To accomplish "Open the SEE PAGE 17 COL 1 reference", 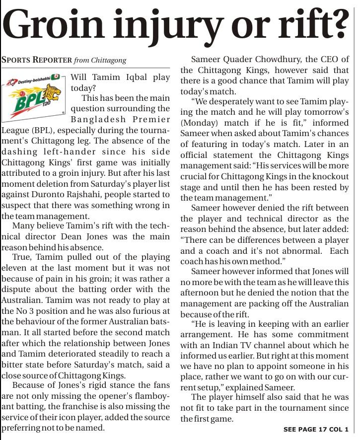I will (x=316, y=429).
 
